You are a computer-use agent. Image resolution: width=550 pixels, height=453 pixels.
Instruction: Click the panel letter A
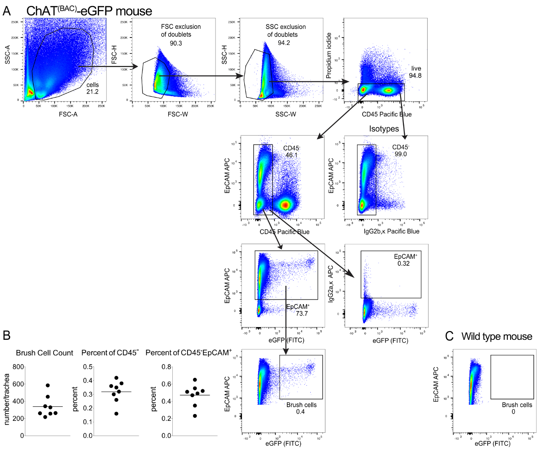[7, 11]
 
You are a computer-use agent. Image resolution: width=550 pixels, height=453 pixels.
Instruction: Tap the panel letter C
[450, 336]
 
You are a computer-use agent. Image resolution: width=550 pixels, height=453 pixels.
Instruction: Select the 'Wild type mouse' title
[497, 337]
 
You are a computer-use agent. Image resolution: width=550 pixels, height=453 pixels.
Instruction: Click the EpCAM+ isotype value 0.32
[403, 264]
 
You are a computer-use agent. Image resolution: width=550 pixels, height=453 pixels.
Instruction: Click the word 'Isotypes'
[384, 129]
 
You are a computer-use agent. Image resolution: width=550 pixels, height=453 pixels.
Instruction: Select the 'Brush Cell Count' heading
[44, 353]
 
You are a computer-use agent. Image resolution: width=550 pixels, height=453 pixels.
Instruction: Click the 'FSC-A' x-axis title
[65, 115]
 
